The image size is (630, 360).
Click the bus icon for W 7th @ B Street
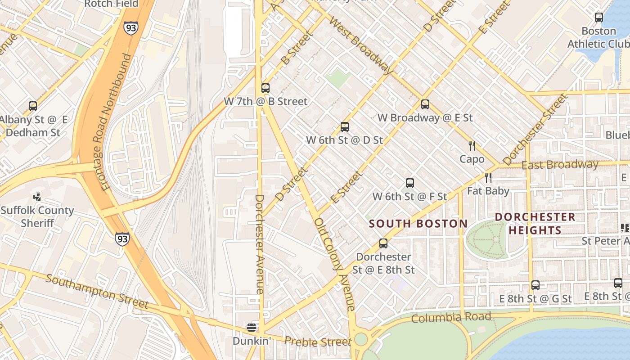[265, 88]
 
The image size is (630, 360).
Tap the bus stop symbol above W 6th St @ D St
[345, 127]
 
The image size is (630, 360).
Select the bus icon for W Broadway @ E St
[425, 104]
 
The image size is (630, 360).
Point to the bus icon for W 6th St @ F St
[410, 183]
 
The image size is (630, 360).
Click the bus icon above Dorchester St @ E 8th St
[383, 243]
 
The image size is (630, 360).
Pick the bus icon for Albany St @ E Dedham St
[33, 106]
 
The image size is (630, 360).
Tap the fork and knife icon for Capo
[472, 146]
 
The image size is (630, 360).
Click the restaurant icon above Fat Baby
[488, 178]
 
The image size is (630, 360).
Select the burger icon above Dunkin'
[252, 327]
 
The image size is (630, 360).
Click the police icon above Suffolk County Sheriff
[37, 197]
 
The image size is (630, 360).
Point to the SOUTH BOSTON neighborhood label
[418, 224]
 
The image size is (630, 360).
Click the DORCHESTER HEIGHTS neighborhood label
[535, 224]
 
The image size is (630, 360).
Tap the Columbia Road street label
[451, 318]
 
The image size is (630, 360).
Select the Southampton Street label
[97, 292]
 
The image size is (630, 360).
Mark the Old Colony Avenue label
[335, 264]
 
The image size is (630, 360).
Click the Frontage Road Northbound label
[116, 122]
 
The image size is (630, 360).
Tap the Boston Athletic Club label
[598, 37]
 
